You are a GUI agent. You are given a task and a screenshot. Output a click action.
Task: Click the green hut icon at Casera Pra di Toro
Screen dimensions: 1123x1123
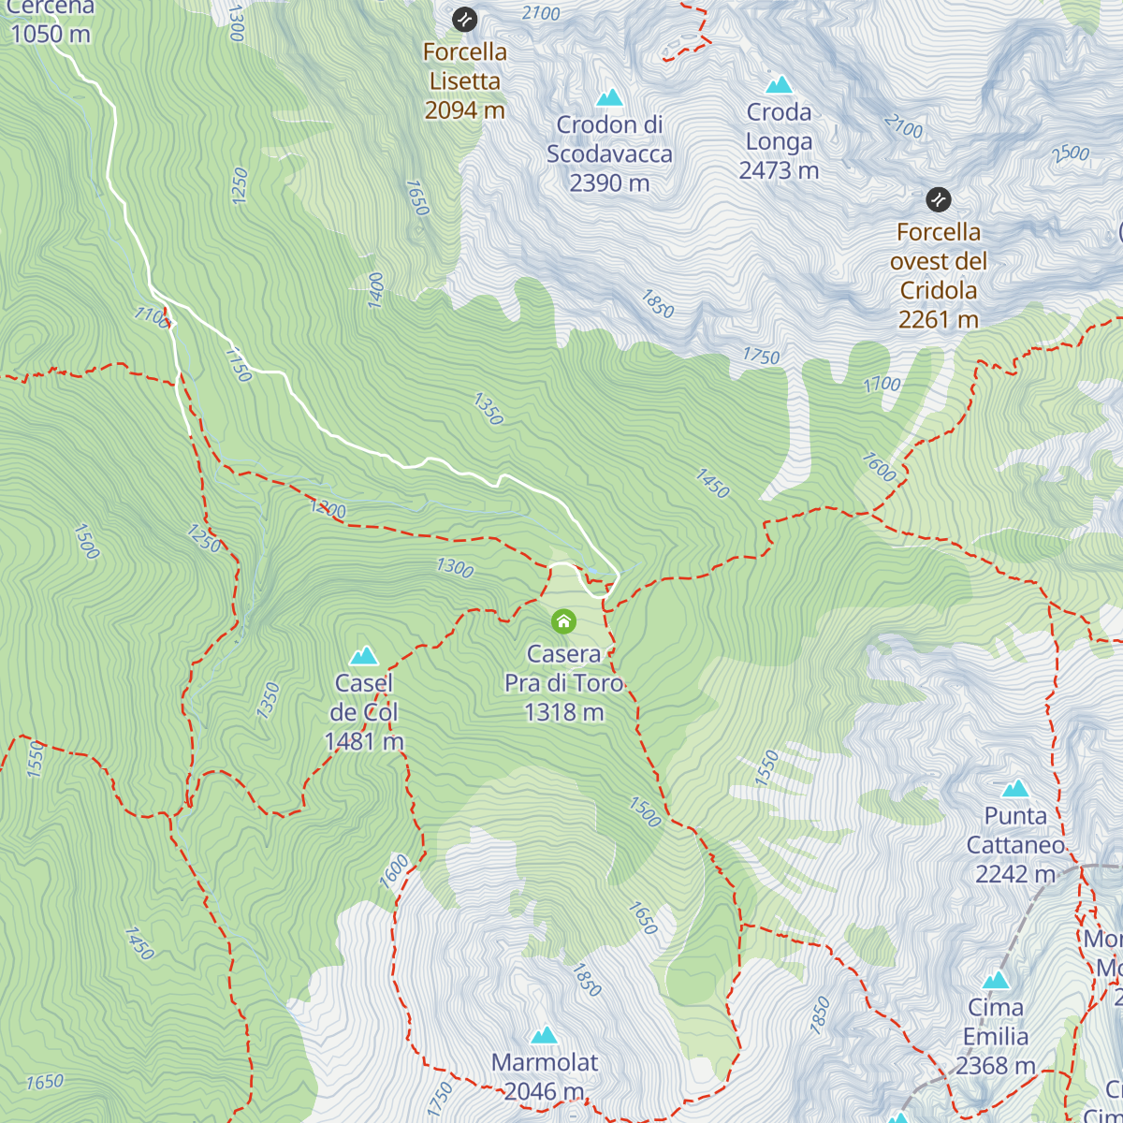(563, 621)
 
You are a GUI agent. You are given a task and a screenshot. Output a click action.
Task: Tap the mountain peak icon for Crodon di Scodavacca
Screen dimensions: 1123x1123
(609, 97)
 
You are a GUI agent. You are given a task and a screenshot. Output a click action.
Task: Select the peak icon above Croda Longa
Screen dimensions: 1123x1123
(779, 85)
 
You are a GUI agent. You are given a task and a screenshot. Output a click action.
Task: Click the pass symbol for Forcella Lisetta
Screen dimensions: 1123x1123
(464, 19)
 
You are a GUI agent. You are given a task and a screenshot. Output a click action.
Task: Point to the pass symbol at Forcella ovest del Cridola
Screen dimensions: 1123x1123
(939, 199)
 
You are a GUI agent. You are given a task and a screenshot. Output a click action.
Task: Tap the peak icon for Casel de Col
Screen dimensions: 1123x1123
(364, 656)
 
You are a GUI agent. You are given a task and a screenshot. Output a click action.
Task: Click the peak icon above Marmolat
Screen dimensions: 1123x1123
(545, 1035)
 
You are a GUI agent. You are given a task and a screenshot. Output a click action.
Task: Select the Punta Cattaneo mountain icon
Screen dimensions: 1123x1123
(1015, 789)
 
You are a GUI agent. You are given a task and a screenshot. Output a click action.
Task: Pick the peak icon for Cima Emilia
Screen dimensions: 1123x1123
(996, 981)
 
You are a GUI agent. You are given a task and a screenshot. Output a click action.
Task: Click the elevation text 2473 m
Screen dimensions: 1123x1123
(779, 170)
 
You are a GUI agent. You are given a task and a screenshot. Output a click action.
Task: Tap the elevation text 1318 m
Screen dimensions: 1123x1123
(563, 712)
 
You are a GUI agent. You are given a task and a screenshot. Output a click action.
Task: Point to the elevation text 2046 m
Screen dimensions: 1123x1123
(544, 1091)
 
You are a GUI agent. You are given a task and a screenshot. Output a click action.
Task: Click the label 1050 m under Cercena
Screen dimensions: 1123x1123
(51, 35)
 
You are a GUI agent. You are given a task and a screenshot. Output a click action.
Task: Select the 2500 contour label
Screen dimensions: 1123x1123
(1071, 153)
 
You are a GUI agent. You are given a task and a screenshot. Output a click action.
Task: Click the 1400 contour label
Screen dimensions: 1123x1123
(376, 290)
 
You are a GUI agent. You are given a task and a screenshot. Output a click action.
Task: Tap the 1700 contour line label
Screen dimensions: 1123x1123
(882, 384)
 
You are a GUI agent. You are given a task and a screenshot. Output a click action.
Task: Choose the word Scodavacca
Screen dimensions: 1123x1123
(609, 153)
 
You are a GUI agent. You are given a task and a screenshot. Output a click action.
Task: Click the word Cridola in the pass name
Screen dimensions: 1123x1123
(939, 290)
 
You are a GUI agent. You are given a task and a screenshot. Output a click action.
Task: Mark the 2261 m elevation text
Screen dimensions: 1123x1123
(939, 319)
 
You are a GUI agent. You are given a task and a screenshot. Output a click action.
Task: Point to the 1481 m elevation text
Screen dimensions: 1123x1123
(364, 741)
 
